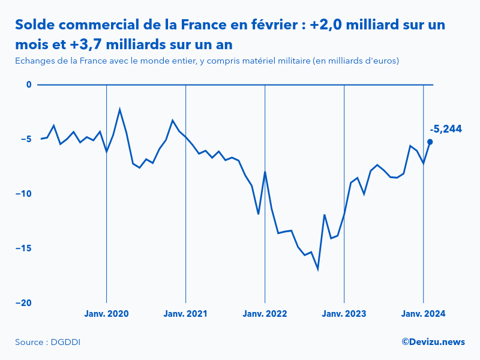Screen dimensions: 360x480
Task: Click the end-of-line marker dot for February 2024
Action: pos(430,142)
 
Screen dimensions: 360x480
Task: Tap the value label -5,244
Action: pos(446,129)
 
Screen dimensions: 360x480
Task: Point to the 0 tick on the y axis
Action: pos(28,85)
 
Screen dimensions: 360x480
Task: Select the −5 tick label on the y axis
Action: pos(25,139)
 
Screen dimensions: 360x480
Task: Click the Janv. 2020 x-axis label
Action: pos(106,314)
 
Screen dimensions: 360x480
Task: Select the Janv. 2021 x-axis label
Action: pos(185,314)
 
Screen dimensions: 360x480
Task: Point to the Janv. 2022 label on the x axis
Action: pos(265,314)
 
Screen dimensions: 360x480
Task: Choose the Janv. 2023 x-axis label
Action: pos(344,314)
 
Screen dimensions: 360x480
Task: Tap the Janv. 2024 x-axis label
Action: pos(423,314)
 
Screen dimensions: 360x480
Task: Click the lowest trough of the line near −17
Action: pos(317,269)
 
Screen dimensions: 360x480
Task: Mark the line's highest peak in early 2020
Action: pos(120,110)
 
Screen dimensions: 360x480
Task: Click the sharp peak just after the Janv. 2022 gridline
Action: pos(265,172)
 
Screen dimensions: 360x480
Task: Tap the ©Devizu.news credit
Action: pos(433,341)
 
